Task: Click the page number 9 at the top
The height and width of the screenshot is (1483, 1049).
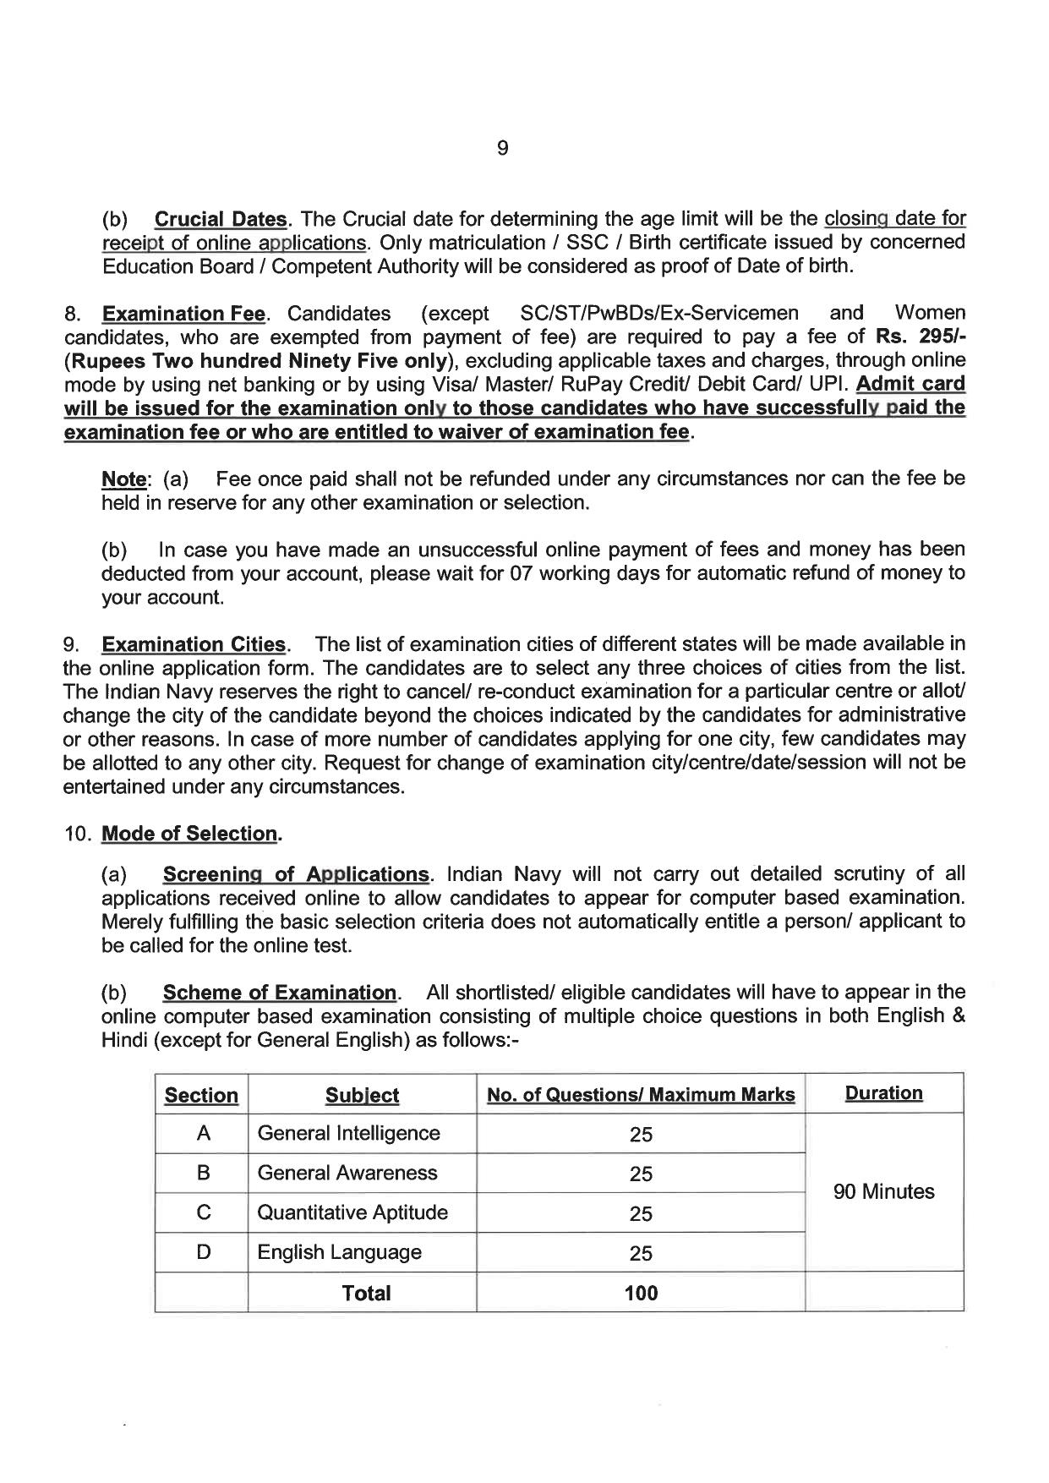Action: (502, 149)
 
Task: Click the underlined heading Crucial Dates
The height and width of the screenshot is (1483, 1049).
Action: (221, 219)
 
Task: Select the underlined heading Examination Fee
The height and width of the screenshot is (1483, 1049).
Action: (183, 314)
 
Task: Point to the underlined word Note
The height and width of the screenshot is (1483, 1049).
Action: (123, 479)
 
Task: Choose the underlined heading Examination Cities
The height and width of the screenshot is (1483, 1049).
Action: (194, 644)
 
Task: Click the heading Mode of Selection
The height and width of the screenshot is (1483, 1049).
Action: (189, 834)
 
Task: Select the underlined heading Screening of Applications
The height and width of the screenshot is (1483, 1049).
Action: (296, 874)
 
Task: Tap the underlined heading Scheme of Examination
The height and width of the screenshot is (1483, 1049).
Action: (280, 993)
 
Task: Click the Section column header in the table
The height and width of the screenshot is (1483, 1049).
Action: (201, 1096)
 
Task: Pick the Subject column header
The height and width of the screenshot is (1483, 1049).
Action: (362, 1096)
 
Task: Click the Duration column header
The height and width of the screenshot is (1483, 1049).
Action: (883, 1093)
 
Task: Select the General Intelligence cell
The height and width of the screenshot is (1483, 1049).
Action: (348, 1133)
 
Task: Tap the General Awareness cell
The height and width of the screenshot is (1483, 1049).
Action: (347, 1173)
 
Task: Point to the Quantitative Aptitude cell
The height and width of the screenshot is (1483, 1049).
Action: (352, 1212)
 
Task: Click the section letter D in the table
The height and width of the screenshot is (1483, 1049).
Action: (203, 1252)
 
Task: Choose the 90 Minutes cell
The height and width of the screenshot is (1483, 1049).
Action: (883, 1192)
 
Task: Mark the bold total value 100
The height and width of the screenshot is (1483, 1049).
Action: (641, 1293)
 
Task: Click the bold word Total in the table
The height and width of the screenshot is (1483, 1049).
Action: (365, 1293)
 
